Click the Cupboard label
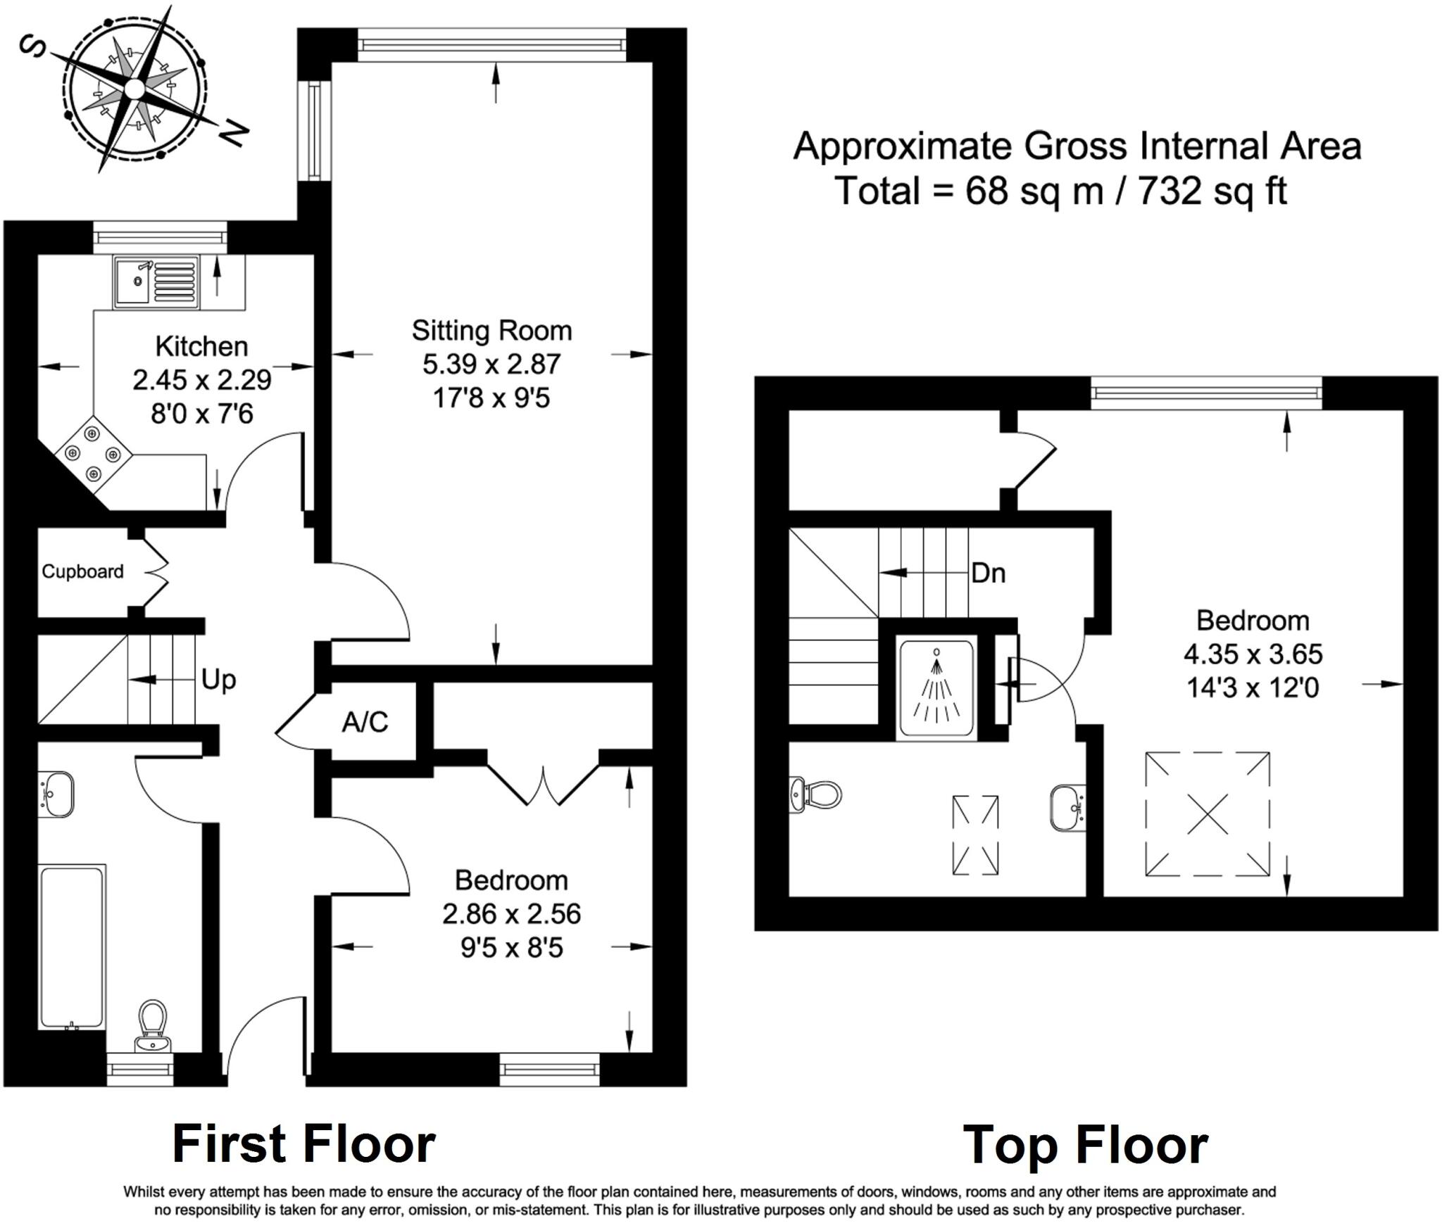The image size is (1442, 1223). [x=82, y=571]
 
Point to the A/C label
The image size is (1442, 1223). [x=365, y=722]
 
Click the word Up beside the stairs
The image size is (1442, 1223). [x=218, y=680]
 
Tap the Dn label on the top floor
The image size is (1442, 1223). [x=988, y=574]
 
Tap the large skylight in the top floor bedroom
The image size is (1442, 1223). [x=1207, y=814]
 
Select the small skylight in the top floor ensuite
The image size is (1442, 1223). [x=975, y=835]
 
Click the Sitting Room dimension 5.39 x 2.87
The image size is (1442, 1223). [x=491, y=365]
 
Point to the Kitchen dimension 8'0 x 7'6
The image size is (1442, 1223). [x=202, y=414]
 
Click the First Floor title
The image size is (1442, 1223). [x=304, y=1144]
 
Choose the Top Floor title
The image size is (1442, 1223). [x=1085, y=1146]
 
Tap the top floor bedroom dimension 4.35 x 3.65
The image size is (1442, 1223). [x=1253, y=654]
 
